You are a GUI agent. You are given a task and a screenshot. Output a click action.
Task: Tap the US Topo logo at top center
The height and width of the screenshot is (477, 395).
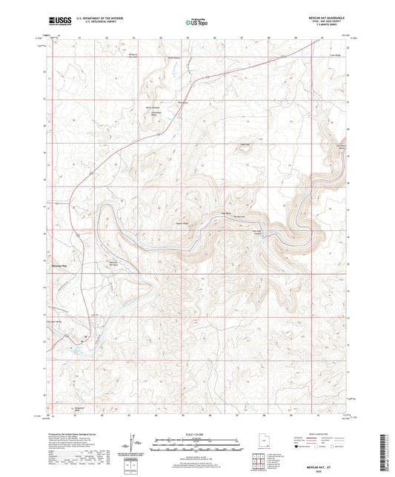[x=195, y=23]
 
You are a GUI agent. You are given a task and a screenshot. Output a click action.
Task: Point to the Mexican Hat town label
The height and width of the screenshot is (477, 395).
[x=59, y=264]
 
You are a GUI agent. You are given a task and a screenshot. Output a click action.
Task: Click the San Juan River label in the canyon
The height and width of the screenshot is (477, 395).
[x=259, y=231]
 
